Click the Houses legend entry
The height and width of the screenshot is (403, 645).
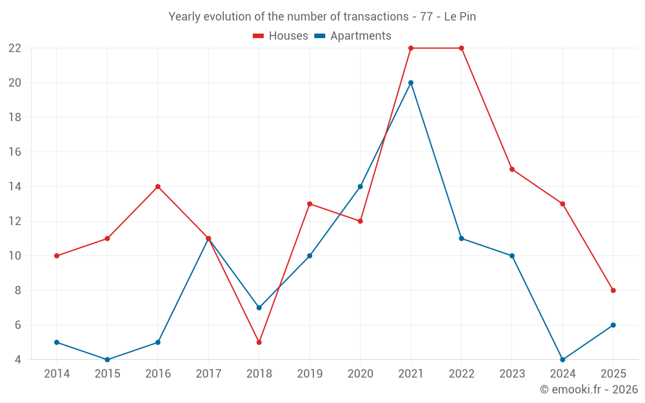pyautogui.click(x=281, y=36)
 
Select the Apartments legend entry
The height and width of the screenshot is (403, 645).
pyautogui.click(x=353, y=36)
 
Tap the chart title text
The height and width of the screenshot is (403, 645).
pyautogui.click(x=322, y=17)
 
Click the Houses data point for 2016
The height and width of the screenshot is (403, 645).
pyautogui.click(x=158, y=187)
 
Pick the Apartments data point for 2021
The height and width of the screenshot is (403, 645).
pyautogui.click(x=411, y=83)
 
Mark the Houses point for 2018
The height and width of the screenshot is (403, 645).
pyautogui.click(x=259, y=342)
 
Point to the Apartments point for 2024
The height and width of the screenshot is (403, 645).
pyautogui.click(x=562, y=360)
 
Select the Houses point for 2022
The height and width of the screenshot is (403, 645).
pyautogui.click(x=461, y=48)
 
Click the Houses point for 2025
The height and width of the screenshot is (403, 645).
pyautogui.click(x=613, y=290)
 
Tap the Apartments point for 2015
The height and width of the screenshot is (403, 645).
pyautogui.click(x=107, y=360)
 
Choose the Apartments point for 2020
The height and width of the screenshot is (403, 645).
pyautogui.click(x=361, y=187)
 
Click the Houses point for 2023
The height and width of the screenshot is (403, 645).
pyautogui.click(x=512, y=170)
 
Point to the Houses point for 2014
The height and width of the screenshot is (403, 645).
pyautogui.click(x=57, y=256)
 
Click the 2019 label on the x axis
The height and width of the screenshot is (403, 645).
pyautogui.click(x=310, y=374)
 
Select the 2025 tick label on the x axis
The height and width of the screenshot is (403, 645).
pyautogui.click(x=613, y=374)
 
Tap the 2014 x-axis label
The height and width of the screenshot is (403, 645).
pyautogui.click(x=57, y=374)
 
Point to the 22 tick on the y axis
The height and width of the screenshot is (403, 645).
pyautogui.click(x=15, y=48)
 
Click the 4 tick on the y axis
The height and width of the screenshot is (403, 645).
pyautogui.click(x=18, y=360)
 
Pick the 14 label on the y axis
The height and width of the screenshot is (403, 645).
pyautogui.click(x=15, y=187)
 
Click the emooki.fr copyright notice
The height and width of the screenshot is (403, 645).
pyautogui.click(x=588, y=389)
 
